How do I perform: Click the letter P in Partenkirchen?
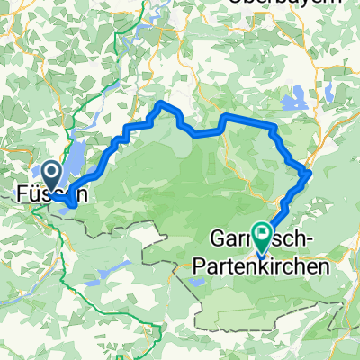pos(201,267)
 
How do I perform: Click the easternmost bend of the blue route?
pos(309,171)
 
